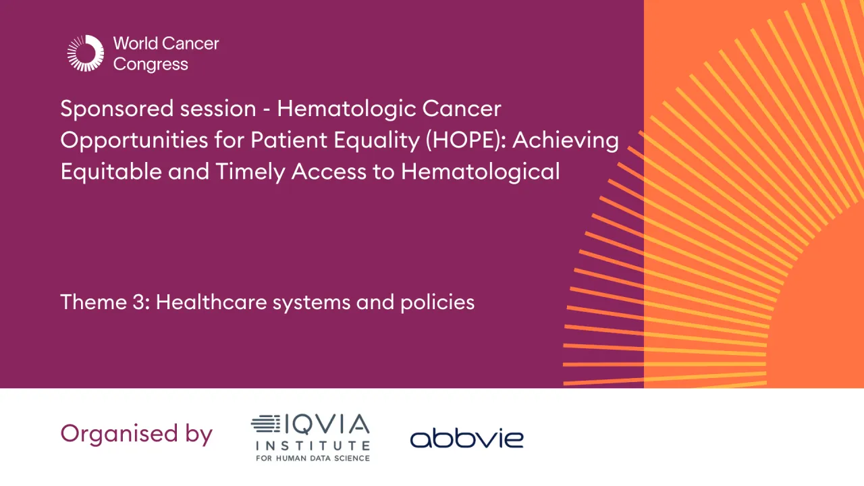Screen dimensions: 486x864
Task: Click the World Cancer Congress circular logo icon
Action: [x=85, y=53]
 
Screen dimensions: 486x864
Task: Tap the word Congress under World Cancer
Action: [x=151, y=65]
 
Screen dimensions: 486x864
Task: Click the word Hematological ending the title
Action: [x=480, y=171]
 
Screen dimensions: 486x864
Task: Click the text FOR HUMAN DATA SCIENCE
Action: [x=312, y=458]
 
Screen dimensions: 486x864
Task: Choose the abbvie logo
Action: [x=466, y=439]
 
